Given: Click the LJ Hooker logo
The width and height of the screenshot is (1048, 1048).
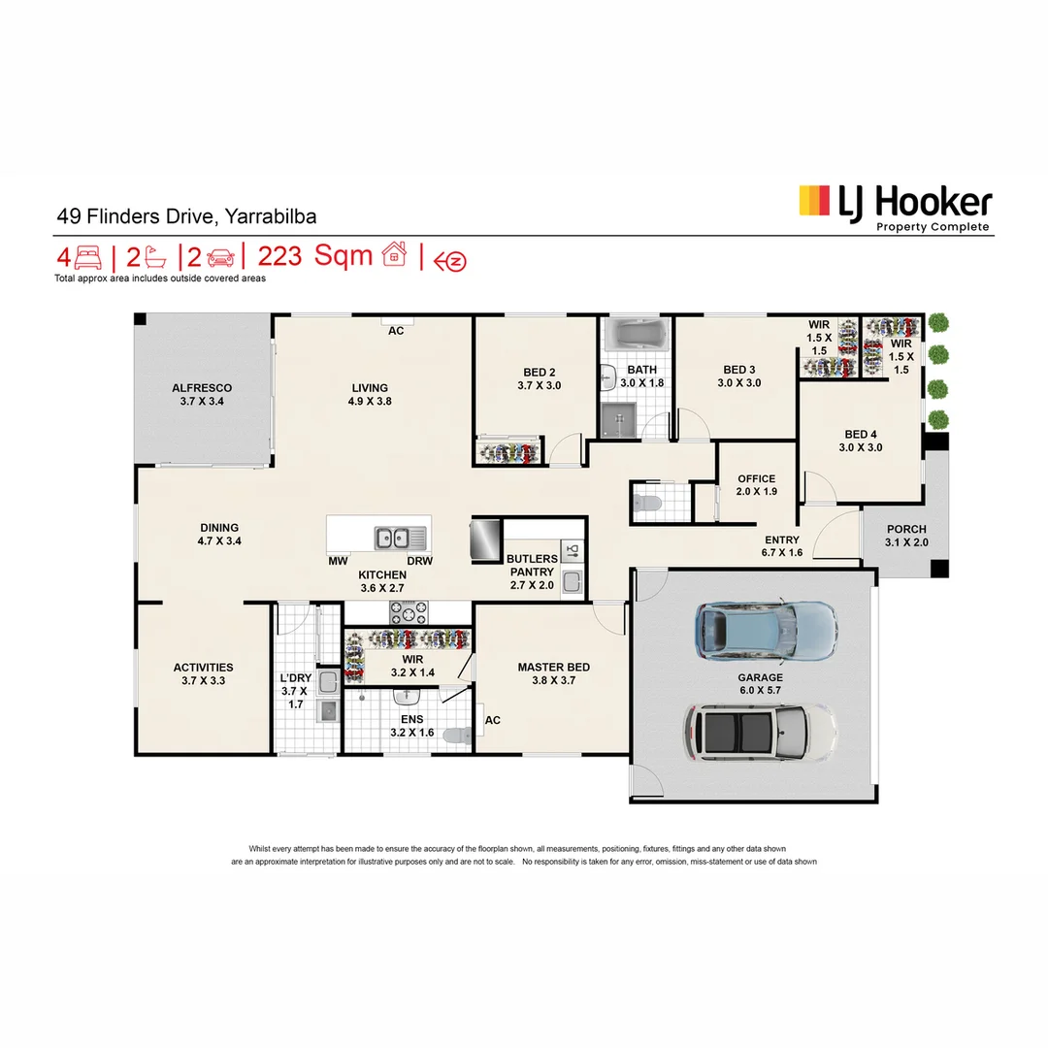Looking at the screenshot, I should click(895, 206).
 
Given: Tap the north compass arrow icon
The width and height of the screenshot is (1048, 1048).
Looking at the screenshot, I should click(450, 261).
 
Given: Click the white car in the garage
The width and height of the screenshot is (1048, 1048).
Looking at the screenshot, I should click(760, 731).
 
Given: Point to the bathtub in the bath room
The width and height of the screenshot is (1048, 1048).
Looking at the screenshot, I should click(636, 337).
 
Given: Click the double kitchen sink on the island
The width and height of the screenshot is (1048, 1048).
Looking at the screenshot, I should click(400, 537).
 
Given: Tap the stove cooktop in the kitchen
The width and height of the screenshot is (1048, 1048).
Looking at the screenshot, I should click(409, 612).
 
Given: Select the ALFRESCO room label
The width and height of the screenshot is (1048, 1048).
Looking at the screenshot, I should click(202, 387).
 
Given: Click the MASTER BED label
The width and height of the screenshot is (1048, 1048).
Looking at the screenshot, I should click(553, 667).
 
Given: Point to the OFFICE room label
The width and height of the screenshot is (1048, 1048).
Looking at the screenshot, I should click(756, 478).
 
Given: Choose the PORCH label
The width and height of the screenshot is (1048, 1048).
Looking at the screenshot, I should click(906, 529).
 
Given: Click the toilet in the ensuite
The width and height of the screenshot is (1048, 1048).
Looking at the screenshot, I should click(456, 737).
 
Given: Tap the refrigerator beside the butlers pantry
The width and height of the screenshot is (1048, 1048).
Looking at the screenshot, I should click(484, 540).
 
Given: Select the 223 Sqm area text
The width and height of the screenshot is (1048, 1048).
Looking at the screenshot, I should click(313, 256).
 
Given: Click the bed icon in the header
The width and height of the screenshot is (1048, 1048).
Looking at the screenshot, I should click(88, 258).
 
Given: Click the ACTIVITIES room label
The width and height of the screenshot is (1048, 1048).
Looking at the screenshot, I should click(203, 667).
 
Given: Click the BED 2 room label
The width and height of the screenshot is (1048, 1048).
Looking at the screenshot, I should click(540, 372).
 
